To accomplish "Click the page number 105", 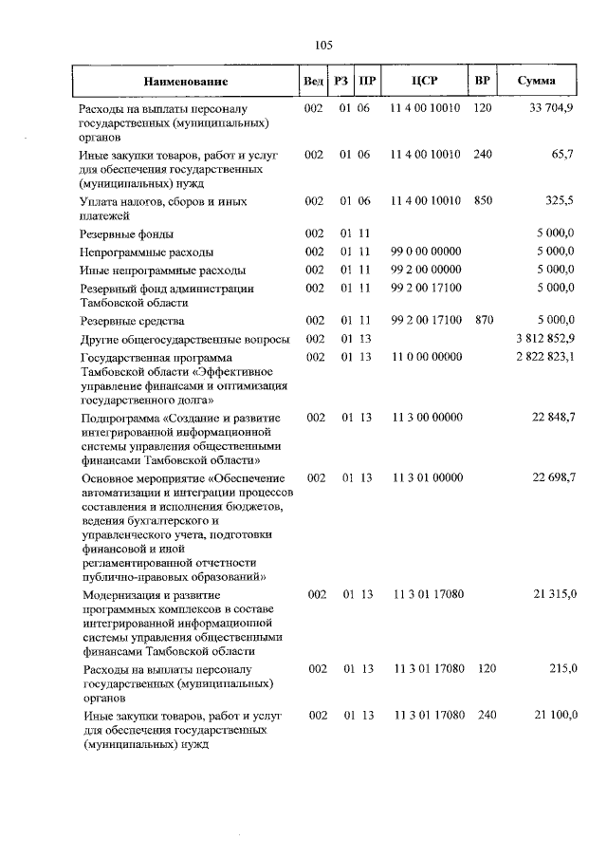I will (x=322, y=44).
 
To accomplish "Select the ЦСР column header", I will (x=425, y=82).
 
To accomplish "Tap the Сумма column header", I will (x=536, y=82).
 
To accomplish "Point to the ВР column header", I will (x=482, y=82).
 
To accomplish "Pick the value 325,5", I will (x=559, y=202).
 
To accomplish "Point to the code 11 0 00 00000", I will (x=425, y=357).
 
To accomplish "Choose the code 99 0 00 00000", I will (x=425, y=252).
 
